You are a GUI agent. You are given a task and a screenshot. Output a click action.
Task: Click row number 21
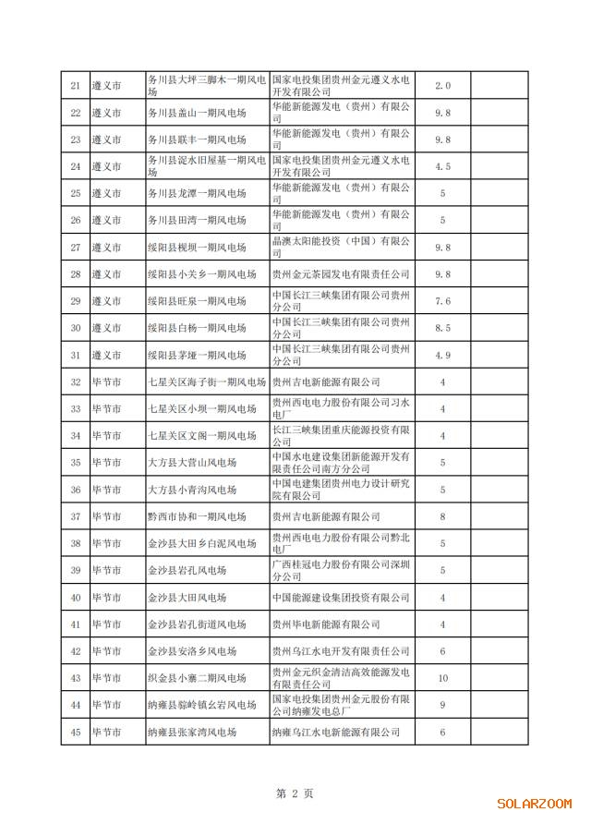coord(75,86)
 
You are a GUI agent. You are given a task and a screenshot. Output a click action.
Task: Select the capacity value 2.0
coord(442,86)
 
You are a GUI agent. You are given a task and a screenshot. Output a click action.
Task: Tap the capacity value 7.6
coord(442,301)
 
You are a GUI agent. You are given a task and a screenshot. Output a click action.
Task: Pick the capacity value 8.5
coord(442,328)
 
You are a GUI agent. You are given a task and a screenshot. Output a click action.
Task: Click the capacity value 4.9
coord(442,355)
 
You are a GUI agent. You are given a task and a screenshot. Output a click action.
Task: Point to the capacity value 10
coord(442,678)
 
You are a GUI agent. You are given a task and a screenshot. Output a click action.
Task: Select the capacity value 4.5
coord(442,166)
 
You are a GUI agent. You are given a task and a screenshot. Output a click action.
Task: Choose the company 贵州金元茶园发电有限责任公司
coord(340,274)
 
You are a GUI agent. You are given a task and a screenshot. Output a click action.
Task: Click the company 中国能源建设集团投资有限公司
coord(340,598)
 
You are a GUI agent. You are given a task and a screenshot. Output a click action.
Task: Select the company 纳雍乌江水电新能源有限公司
coord(335,732)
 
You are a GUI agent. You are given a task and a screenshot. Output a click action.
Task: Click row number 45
coord(75,732)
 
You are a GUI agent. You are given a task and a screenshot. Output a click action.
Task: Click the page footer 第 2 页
coord(295,793)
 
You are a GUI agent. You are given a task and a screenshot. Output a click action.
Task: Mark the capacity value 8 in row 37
coord(442,516)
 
